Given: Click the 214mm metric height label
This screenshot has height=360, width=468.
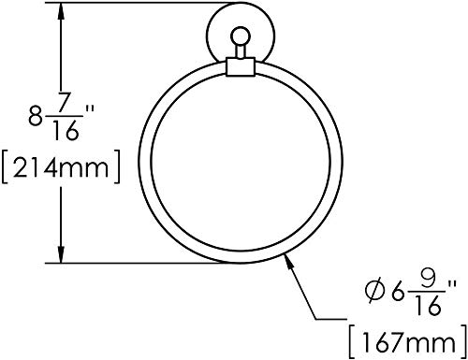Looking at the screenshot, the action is (61, 167).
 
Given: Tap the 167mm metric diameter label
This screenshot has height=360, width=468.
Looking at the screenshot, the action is (408, 342).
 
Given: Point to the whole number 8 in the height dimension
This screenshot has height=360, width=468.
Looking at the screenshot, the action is (36, 115).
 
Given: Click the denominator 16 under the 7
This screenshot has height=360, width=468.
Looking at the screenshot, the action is (65, 130).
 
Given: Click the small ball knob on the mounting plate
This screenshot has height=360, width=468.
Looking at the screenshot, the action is (241, 36).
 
